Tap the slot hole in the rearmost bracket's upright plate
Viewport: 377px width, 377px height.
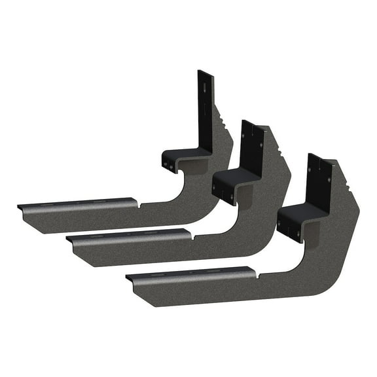pos(206,88)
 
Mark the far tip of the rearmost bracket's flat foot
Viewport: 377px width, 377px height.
pos(20,208)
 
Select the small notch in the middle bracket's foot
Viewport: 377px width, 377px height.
pos(190,235)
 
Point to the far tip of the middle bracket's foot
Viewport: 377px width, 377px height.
pos(69,241)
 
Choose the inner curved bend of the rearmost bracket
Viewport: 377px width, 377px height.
pos(171,190)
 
